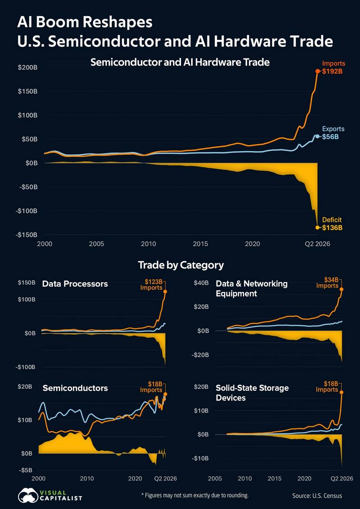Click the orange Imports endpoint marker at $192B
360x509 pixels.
(x=317, y=71)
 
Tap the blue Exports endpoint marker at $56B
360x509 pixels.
(x=317, y=136)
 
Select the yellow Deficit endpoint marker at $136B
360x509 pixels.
(x=317, y=227)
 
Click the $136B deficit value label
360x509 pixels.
(x=333, y=228)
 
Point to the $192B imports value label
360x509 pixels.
(x=333, y=71)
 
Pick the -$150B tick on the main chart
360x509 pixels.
(x=27, y=235)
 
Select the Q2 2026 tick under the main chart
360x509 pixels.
(x=317, y=244)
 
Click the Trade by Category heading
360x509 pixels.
(x=181, y=265)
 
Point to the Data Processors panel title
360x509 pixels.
(x=75, y=284)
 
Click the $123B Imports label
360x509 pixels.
(x=151, y=284)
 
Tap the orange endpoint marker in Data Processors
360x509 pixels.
(x=165, y=291)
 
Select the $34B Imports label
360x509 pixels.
(x=328, y=282)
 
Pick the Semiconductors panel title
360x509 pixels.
(x=75, y=388)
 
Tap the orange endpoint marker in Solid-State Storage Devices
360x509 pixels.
(x=342, y=392)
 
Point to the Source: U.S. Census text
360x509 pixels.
(x=317, y=496)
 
